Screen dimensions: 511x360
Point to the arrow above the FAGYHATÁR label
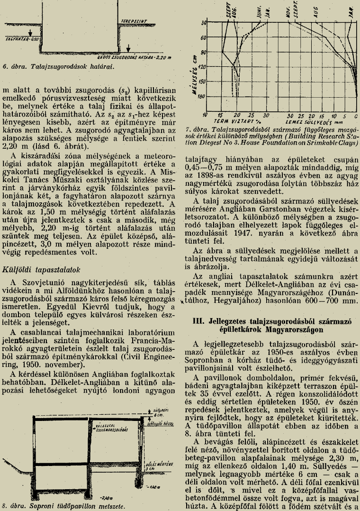pos(30,33)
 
